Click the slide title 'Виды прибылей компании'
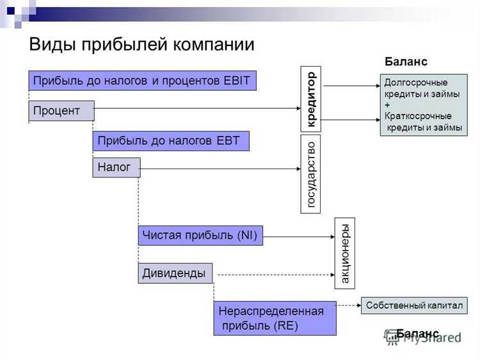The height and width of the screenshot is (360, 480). coord(141,45)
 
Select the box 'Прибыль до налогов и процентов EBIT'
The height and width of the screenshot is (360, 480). coord(142,81)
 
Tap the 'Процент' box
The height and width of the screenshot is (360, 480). coord(61,111)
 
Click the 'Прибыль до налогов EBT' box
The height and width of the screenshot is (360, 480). coord(170,141)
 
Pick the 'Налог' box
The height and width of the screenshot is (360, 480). coord(116,168)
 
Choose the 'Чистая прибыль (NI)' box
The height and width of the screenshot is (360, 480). coord(200,236)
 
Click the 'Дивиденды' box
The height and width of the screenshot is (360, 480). coord(175,274)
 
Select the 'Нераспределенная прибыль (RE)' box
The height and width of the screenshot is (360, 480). coord(274,318)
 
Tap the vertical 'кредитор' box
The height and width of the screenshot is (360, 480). coord(311,99)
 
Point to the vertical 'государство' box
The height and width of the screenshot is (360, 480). coord(311,174)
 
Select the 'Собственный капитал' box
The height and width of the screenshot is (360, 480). coord(413,306)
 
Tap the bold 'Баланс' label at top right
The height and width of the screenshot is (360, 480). coord(405,61)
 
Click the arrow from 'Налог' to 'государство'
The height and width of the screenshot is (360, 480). coord(220,168)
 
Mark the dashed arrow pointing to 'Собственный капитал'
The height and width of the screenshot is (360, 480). coord(349,306)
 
